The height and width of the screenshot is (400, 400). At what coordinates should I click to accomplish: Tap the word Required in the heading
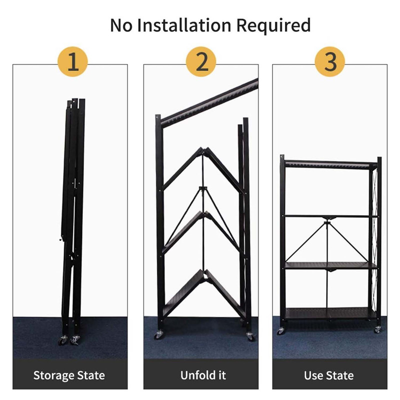[273, 25]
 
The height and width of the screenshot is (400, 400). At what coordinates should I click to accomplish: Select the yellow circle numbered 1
[72, 61]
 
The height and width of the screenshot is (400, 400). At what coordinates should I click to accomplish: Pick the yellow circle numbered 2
[201, 61]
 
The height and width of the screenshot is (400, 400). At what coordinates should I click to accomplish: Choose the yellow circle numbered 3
[330, 61]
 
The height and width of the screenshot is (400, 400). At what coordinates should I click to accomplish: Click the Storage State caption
[69, 375]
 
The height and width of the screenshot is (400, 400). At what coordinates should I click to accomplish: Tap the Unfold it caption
[203, 375]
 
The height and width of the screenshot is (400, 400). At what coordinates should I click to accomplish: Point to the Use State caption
[329, 375]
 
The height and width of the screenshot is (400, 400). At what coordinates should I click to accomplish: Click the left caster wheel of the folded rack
[63, 340]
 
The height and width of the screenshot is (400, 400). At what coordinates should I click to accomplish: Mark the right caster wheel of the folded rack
[75, 340]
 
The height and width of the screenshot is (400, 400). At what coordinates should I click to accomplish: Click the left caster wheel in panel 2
[158, 334]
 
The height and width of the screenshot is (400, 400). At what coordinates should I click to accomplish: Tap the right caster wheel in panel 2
[250, 336]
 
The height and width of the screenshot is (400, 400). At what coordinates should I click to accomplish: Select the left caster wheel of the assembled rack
[280, 331]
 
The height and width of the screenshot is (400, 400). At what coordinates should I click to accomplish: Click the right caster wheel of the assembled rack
[378, 329]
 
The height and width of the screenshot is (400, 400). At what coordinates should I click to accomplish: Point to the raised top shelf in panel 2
[209, 103]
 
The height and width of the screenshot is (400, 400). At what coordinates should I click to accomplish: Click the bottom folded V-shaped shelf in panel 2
[204, 293]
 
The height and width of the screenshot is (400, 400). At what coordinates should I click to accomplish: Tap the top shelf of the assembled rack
[330, 164]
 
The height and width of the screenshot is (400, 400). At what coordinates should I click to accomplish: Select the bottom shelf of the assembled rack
[331, 313]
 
